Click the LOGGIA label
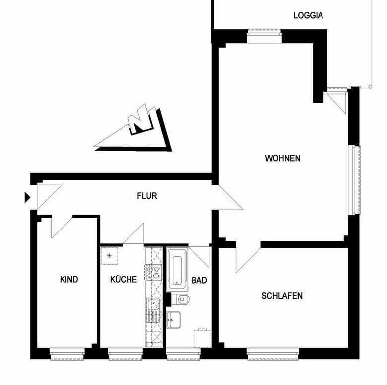click(x=308, y=15)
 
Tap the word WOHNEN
click(x=283, y=158)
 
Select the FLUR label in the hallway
click(x=147, y=196)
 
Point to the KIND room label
click(x=69, y=280)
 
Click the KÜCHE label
click(x=124, y=279)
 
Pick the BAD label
click(x=199, y=281)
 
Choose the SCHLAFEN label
click(x=282, y=296)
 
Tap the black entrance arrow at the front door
click(x=27, y=197)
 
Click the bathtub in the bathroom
click(x=177, y=270)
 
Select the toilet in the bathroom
click(x=181, y=299)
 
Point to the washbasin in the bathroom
click(x=174, y=320)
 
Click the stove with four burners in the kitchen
click(x=153, y=273)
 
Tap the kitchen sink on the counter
click(x=153, y=310)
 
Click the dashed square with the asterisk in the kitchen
click(x=109, y=256)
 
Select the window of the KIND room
click(x=67, y=354)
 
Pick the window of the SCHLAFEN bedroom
click(x=273, y=354)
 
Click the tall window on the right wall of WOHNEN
click(x=355, y=180)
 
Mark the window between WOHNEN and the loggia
click(x=264, y=36)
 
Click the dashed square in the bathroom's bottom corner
click(x=202, y=338)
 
